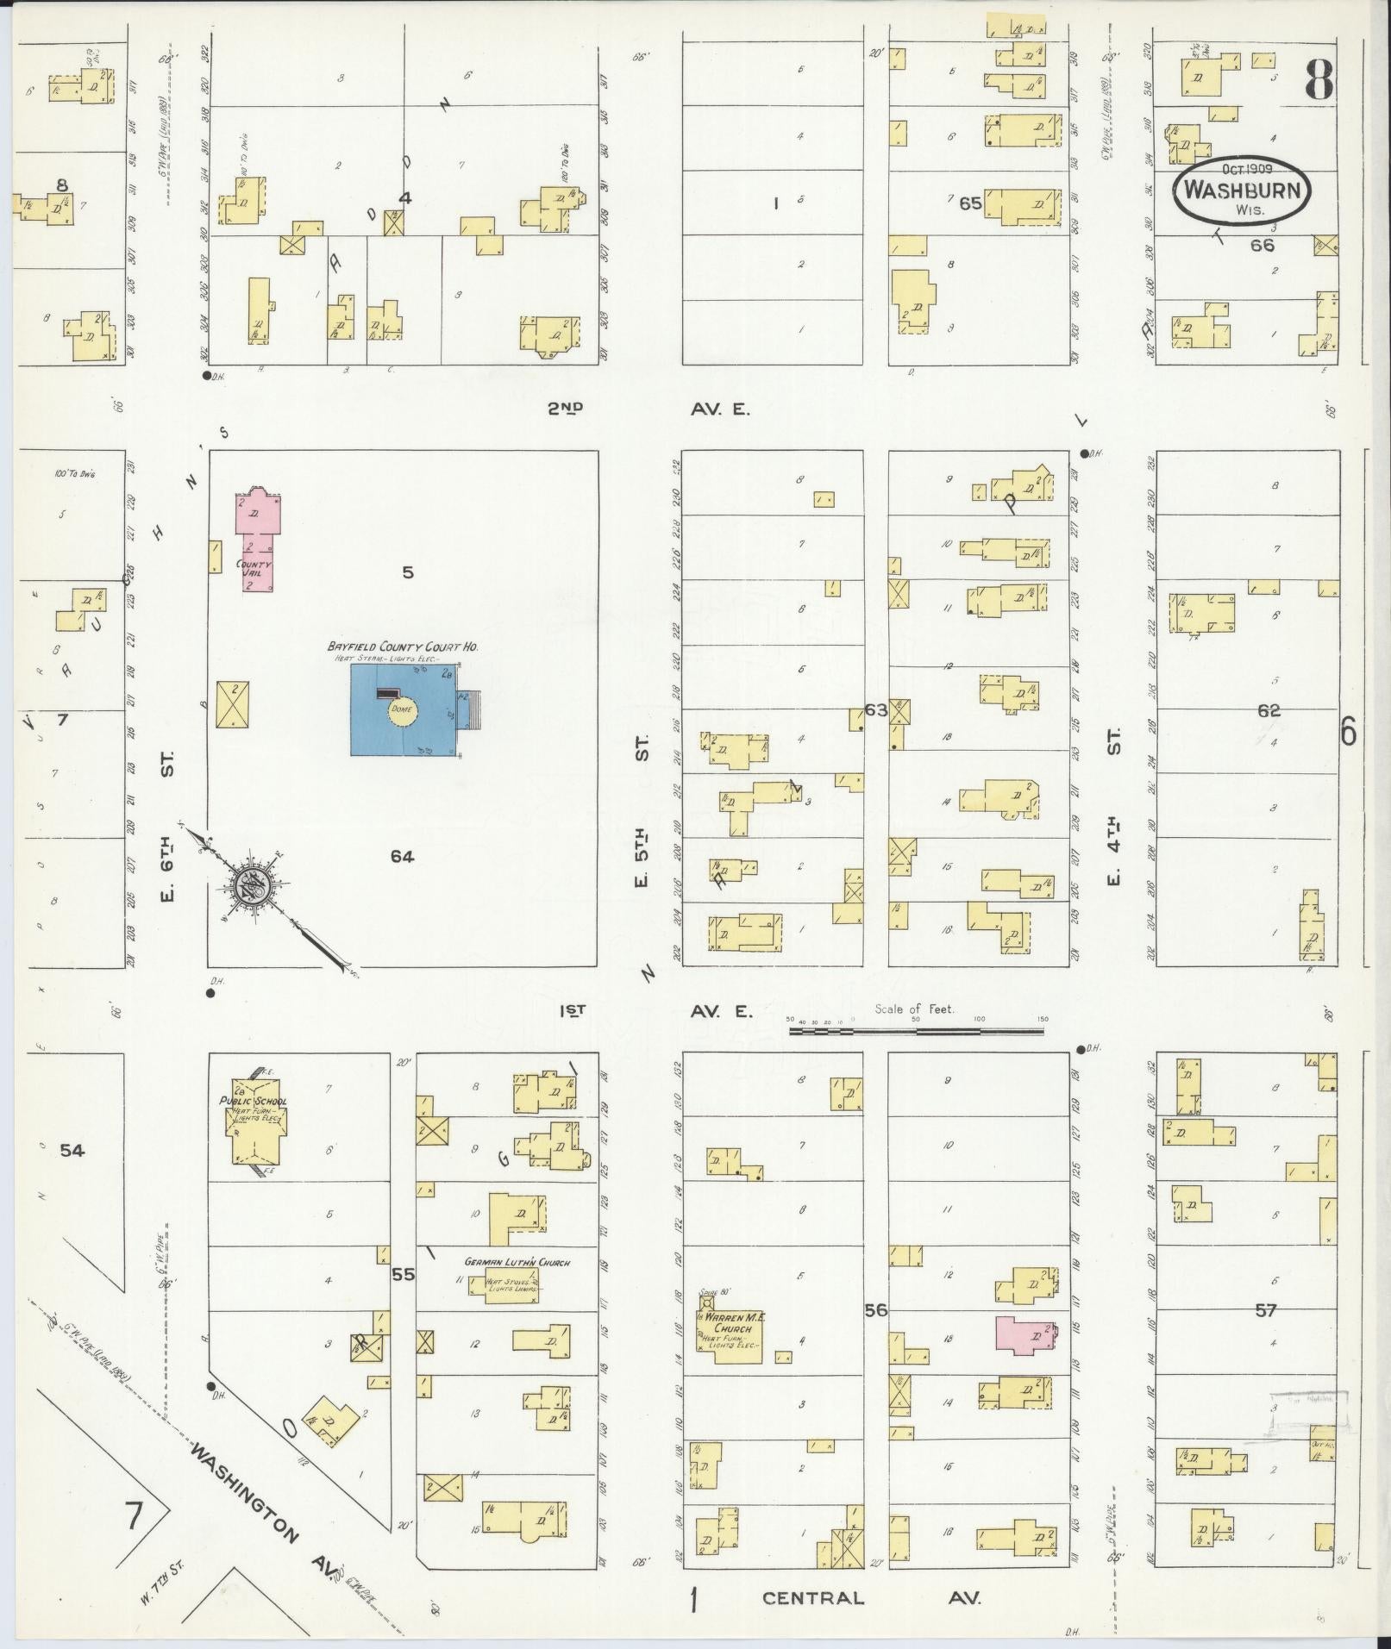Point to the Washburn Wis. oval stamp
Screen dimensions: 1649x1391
point(1242,190)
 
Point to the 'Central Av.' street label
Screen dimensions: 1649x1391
point(871,1597)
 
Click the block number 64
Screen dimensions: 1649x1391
point(402,856)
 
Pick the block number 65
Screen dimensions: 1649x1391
point(970,203)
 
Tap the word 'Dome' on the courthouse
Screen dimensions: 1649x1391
point(403,709)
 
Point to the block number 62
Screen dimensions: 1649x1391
point(1269,711)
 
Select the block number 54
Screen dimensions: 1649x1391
point(72,1150)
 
